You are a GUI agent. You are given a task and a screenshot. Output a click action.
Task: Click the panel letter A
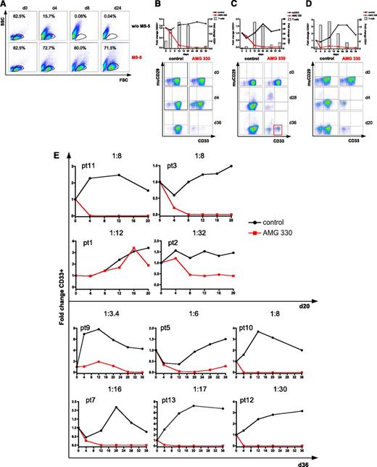click(4, 5)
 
